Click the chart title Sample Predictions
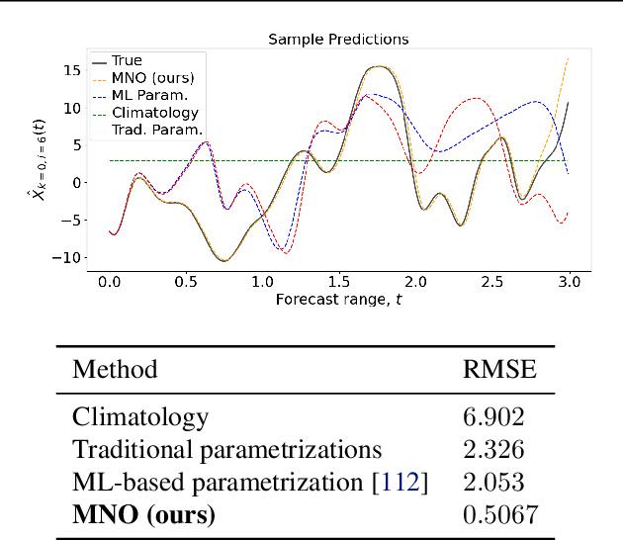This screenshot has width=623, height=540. (x=338, y=40)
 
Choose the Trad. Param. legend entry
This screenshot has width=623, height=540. (x=157, y=130)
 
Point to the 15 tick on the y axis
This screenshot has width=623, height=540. (x=71, y=70)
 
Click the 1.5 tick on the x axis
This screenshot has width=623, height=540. (x=339, y=282)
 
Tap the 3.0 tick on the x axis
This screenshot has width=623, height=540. (x=570, y=282)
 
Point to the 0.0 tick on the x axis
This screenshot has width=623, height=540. (x=109, y=282)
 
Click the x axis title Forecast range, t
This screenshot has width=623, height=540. (x=339, y=299)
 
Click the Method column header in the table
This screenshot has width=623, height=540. (x=115, y=370)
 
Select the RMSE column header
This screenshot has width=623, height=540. (x=499, y=370)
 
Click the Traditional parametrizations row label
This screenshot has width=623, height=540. (x=226, y=450)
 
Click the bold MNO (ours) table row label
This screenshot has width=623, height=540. (x=143, y=515)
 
